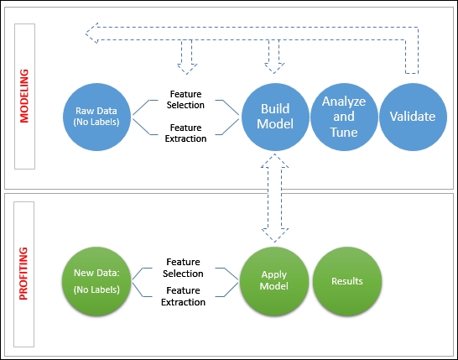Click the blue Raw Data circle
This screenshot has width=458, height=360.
pos(96,117)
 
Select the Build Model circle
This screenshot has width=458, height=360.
pos(275,117)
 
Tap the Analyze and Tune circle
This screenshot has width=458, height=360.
pos(344,117)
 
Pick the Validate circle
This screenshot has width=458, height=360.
pos(413,117)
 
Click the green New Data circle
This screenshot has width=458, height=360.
pos(96,281)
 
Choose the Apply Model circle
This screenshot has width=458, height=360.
pos(274,281)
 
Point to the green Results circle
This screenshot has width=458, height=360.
pos(347,281)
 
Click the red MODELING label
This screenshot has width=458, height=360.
pos(24,96)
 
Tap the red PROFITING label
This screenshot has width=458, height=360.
pos(23,274)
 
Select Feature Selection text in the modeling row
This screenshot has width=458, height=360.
pos(185,99)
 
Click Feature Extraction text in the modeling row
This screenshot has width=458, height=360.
pos(185,133)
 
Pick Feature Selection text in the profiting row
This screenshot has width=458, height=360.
pos(183,268)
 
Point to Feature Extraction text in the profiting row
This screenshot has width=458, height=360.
pos(183,296)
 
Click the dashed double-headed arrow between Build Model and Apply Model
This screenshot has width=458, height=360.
pos(274,198)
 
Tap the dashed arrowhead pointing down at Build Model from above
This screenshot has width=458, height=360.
pos(274,68)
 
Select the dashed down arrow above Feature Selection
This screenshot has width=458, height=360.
pos(187,57)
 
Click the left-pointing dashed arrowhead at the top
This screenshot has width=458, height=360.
pos(91,34)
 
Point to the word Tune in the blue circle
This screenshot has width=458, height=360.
pos(344,133)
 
